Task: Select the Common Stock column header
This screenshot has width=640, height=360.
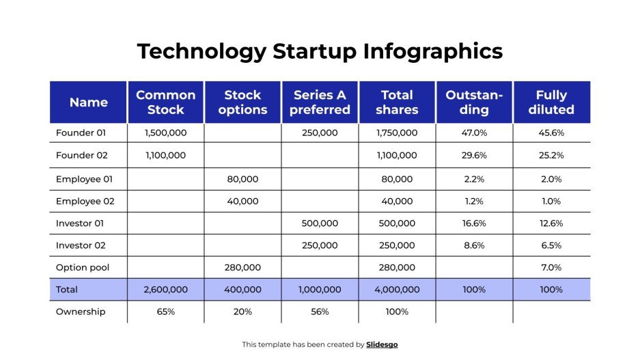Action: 165,102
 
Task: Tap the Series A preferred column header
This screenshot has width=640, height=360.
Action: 320,102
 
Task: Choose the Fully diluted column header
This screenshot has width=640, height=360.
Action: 551,102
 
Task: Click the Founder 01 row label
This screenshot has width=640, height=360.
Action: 81,133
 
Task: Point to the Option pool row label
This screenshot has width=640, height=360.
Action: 82,267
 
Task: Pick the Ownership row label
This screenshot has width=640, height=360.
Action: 81,311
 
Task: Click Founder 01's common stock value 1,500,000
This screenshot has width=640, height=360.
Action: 165,133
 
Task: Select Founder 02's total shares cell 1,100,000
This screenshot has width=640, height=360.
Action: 397,155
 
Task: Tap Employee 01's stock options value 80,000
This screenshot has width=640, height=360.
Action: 242,179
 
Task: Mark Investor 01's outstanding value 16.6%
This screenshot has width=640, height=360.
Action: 474,223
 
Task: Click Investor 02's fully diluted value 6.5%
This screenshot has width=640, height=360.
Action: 551,245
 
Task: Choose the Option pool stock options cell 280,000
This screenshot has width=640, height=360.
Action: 242,267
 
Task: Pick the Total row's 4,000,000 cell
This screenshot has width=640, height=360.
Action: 397,290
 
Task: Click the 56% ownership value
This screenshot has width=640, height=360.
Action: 320,311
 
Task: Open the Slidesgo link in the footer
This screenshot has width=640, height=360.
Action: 382,345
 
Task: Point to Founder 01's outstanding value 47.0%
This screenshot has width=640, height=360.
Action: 474,133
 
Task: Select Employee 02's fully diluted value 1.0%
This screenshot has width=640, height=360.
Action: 551,202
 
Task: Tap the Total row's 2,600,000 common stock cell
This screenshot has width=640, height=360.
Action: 165,290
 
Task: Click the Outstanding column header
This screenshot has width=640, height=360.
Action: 474,102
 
